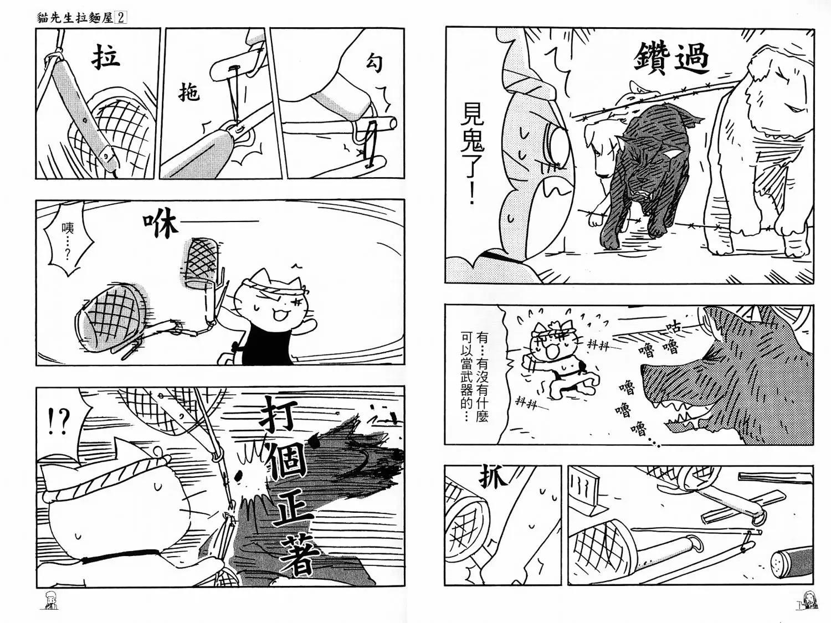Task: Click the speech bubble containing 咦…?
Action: [x=66, y=244]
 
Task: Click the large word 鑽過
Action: [x=672, y=59]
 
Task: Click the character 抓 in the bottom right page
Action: [x=493, y=478]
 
